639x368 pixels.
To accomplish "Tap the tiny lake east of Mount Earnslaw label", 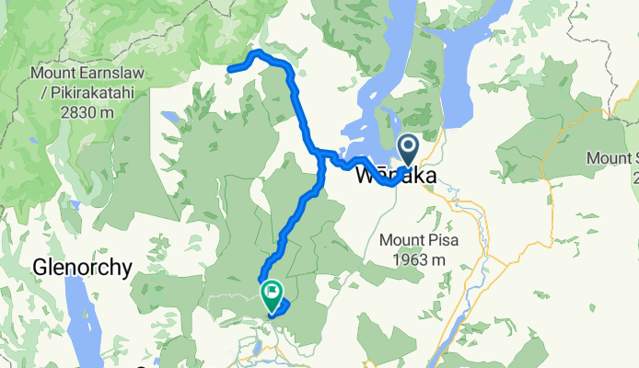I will point(170,118).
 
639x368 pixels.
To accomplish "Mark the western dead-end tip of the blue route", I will point(229,67).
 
